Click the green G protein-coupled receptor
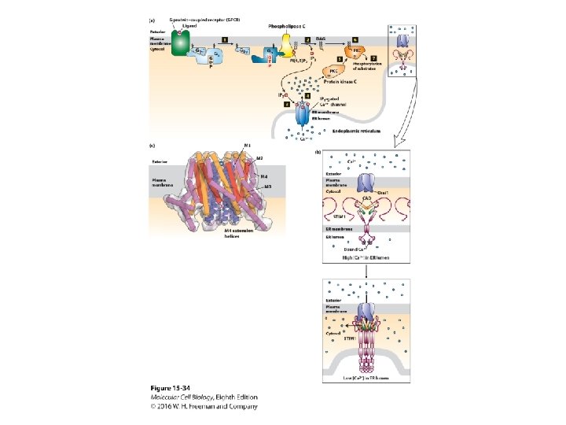point(182,44)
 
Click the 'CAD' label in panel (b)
point(366,198)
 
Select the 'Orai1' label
point(386,192)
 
